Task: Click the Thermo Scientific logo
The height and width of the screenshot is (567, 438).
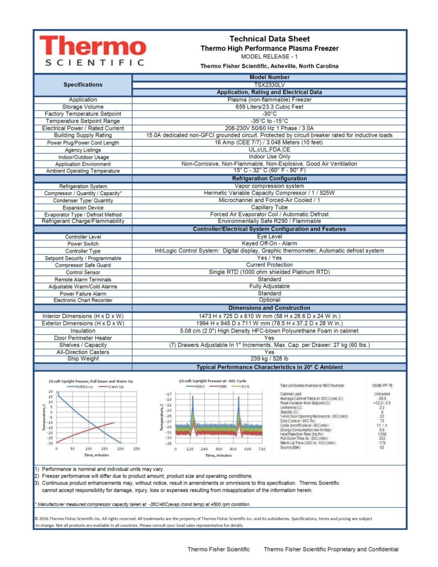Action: (91, 51)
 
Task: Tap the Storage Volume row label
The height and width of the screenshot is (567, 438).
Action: (83, 107)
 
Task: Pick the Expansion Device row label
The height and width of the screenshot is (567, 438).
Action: (83, 208)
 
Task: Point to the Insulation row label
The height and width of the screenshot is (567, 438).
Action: (83, 331)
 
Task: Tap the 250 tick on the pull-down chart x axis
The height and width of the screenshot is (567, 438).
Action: (136, 449)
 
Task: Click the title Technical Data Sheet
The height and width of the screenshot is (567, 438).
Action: (269, 39)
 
